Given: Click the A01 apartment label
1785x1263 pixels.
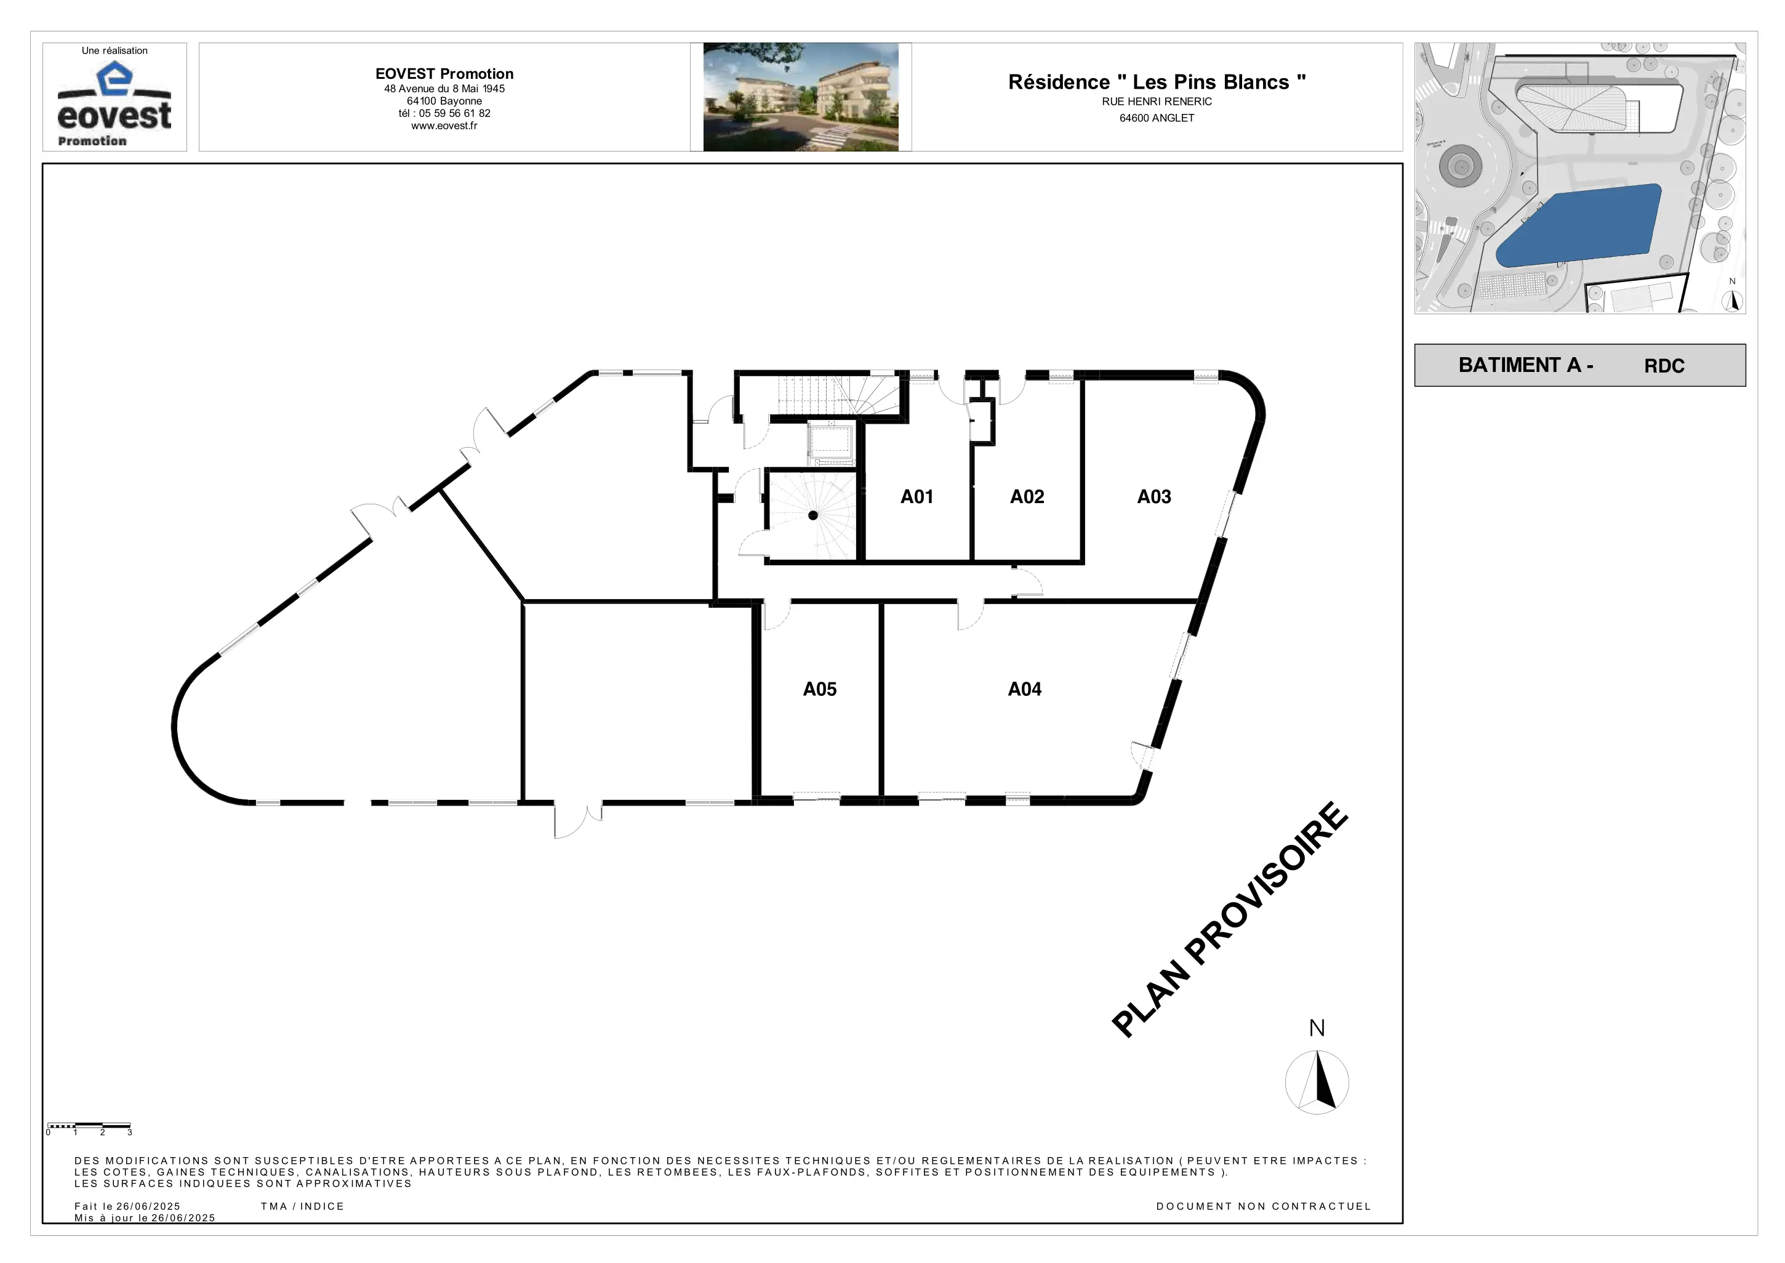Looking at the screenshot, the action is (x=917, y=497).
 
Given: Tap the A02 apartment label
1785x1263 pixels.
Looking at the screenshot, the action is (x=1027, y=497).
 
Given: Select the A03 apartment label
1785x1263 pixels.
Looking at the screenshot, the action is (x=1153, y=497).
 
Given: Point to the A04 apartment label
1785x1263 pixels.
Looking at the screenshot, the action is (x=1025, y=689).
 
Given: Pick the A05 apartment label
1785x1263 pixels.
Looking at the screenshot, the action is (x=819, y=689).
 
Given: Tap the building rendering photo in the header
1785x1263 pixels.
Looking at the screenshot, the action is (x=801, y=97).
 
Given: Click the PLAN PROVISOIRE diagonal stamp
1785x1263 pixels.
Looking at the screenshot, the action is (x=1230, y=919).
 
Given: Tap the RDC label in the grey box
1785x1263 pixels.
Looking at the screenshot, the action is (x=1664, y=366).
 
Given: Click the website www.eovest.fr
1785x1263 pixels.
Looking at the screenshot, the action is (x=444, y=126).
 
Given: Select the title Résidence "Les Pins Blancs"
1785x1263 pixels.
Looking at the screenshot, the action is (x=1157, y=83).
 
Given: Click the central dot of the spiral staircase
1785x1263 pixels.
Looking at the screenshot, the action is (x=813, y=515).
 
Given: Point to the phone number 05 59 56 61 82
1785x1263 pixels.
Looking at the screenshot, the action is (x=455, y=113).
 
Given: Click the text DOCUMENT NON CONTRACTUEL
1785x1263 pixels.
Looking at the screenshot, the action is (x=1263, y=1206).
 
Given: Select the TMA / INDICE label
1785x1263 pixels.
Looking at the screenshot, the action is (x=302, y=1206).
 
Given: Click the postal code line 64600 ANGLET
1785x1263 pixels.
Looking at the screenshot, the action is (x=1157, y=118).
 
